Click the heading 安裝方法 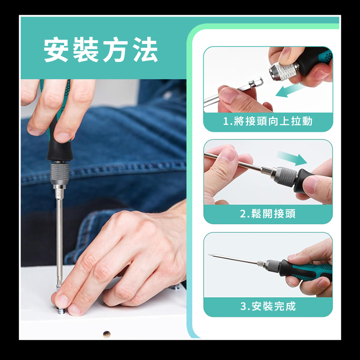pyautogui.click(x=100, y=50)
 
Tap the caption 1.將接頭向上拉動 pyautogui.click(x=268, y=121)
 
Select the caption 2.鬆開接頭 pyautogui.click(x=268, y=214)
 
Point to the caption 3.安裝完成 pyautogui.click(x=268, y=306)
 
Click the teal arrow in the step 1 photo pyautogui.click(x=289, y=91)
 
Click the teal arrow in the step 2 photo pyautogui.click(x=292, y=158)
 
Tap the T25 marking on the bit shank pyautogui.click(x=59, y=194)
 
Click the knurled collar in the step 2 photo pyautogui.click(x=287, y=176)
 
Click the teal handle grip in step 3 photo pyautogui.click(x=315, y=271)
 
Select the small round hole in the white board pyautogui.click(x=107, y=334)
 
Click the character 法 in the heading pyautogui.click(x=145, y=50)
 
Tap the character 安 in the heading pyautogui.click(x=56, y=50)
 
